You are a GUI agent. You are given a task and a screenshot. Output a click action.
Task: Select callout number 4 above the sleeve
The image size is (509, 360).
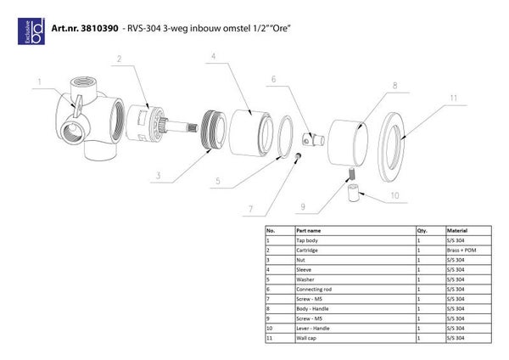click(x=214, y=56)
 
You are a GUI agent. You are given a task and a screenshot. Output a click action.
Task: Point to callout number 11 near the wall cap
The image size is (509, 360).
click(x=453, y=99)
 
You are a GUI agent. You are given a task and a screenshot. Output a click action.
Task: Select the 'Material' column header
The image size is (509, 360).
click(x=457, y=230)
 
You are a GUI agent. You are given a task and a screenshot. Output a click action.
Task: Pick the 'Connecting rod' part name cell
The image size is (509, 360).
click(x=312, y=290)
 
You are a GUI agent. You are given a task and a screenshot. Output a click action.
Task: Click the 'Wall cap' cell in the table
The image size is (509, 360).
click(x=306, y=339)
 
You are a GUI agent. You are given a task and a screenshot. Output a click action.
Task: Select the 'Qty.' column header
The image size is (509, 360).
click(x=422, y=230)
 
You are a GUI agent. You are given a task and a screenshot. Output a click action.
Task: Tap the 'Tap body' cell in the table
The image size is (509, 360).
click(x=307, y=240)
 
